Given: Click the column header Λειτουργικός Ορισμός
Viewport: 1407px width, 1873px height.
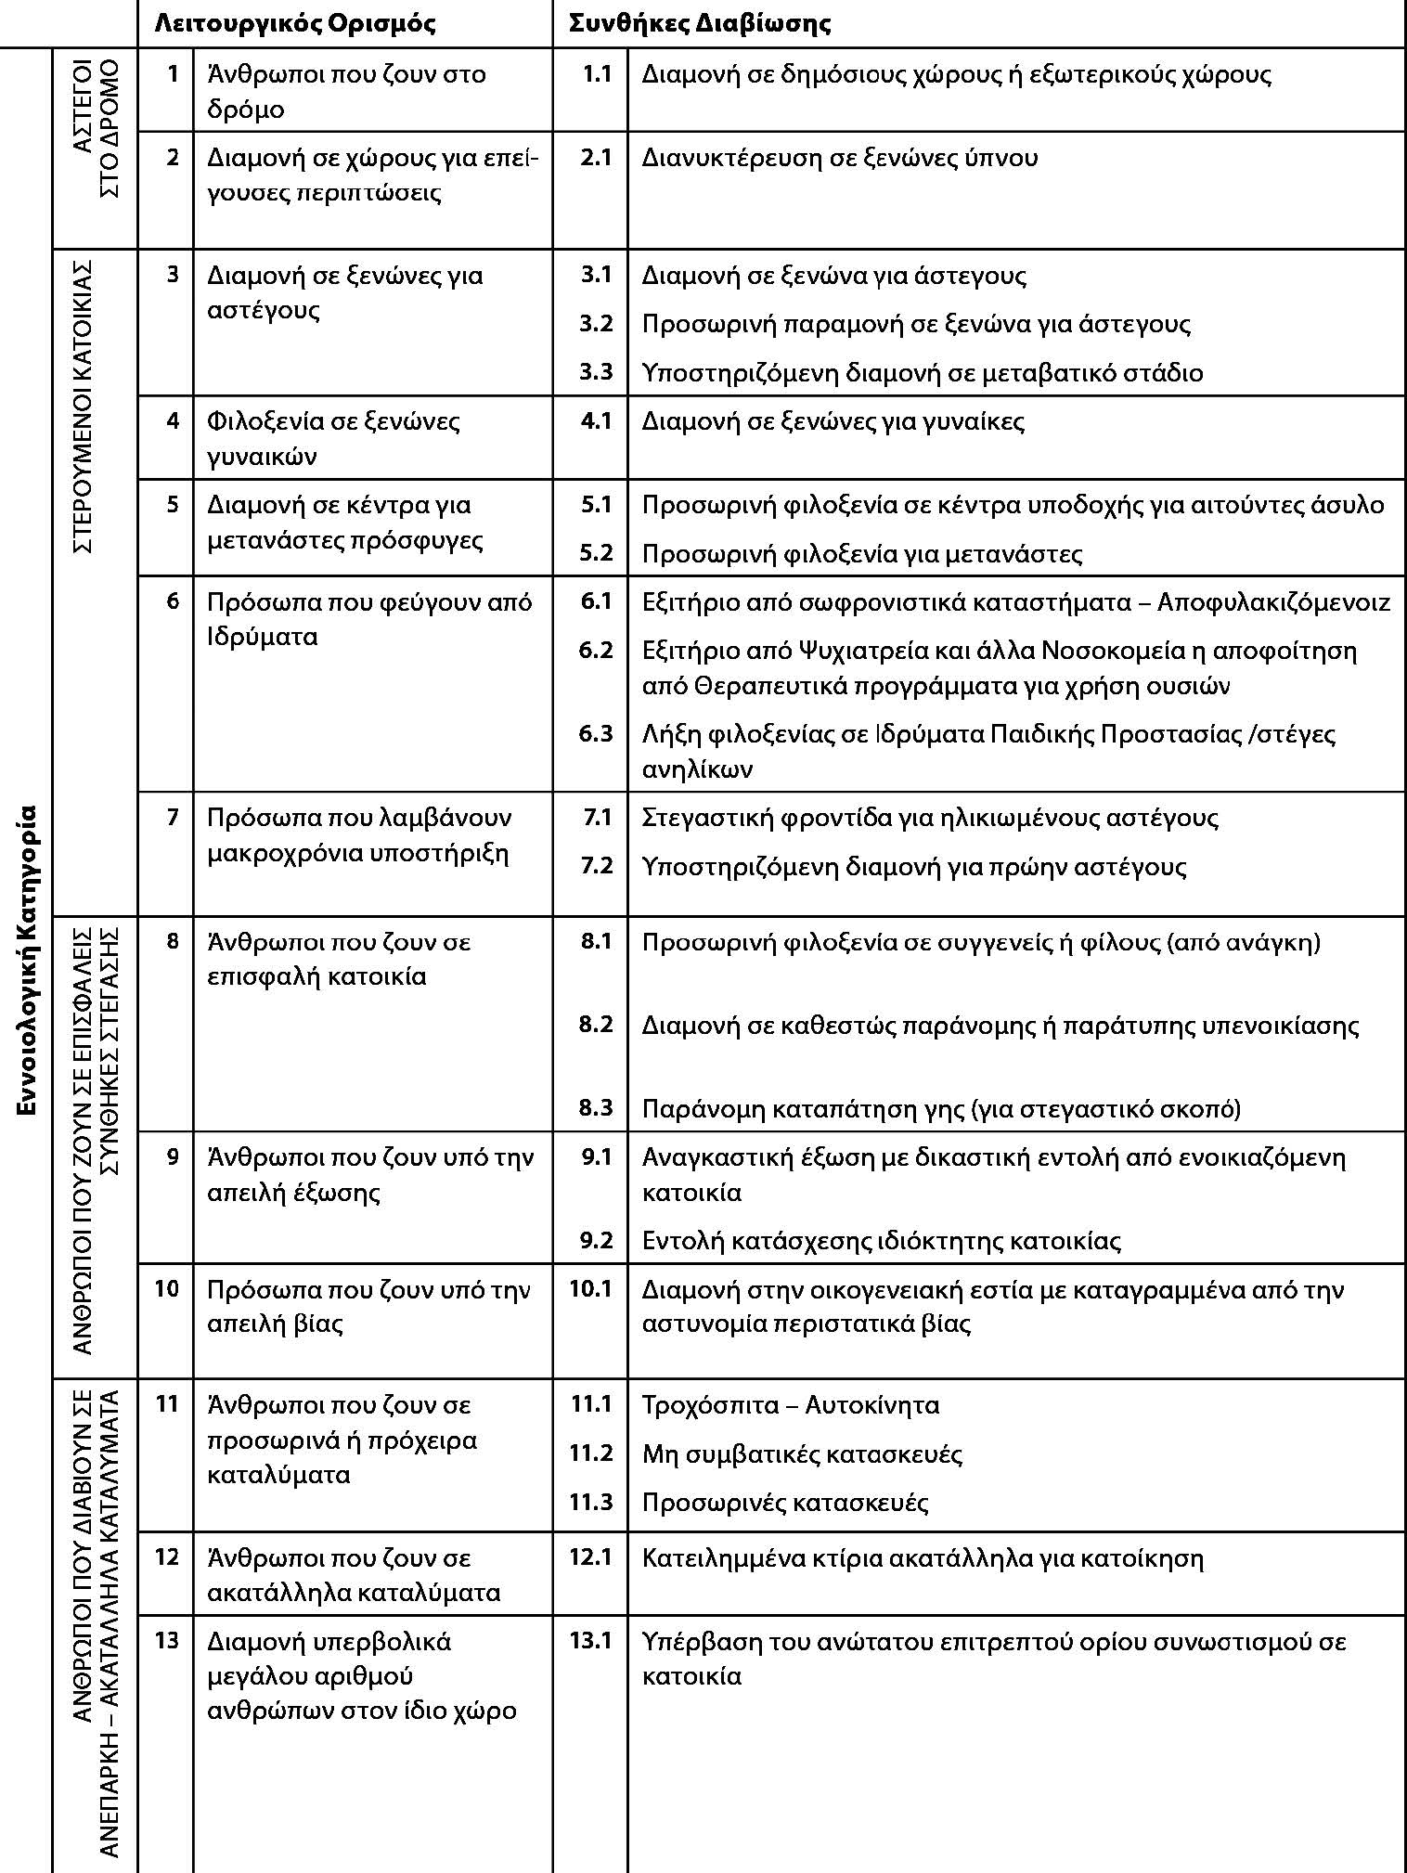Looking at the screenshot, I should pos(294,23).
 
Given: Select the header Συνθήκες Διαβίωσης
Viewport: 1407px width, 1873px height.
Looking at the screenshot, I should pos(699,23).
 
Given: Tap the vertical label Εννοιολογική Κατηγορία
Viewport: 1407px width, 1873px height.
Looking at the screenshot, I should pos(27,960).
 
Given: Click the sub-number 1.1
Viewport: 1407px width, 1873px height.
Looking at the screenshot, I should pos(597,74).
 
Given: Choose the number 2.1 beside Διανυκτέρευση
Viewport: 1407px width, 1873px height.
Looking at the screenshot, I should pos(596,157).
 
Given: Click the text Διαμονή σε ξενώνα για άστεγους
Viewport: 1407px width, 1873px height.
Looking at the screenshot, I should pos(833,276).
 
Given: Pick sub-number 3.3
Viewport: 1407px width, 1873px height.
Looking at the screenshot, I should pos(596,372).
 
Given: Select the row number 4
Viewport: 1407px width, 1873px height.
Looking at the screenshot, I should pos(173,420).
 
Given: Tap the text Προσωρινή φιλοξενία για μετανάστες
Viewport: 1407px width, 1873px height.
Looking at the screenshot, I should pos(861,554).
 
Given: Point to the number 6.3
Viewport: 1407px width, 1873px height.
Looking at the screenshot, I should pos(596,734).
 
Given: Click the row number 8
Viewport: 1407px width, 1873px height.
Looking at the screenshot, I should pos(173,941).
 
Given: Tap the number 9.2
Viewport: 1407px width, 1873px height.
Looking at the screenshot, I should pos(596,1240).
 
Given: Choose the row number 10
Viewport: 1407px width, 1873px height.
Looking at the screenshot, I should pos(166,1288).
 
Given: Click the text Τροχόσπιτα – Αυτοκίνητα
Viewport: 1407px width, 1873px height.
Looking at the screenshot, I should pos(790,1404).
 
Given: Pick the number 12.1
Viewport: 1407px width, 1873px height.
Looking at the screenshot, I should pos(590,1557).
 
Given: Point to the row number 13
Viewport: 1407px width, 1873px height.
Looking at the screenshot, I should pos(166,1640).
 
